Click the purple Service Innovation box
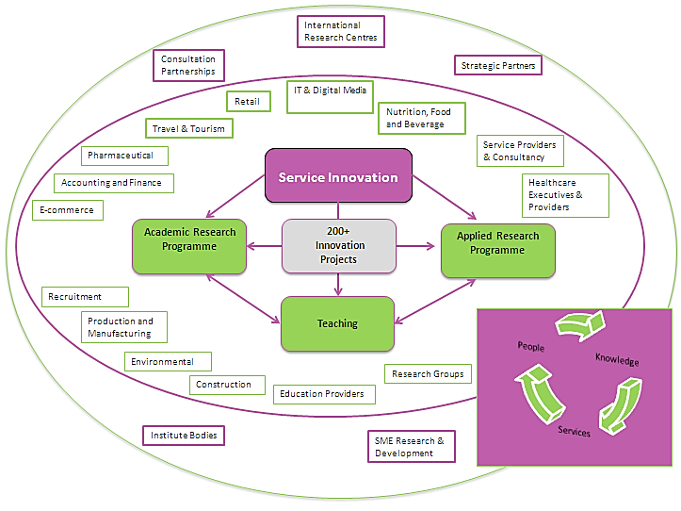337,177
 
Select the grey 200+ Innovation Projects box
338,246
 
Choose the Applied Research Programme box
497,250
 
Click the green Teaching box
337,323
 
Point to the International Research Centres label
340,32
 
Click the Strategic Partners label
498,66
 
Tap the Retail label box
249,102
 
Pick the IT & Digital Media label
330,97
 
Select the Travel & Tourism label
188,128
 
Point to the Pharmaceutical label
127,155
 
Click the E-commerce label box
66,209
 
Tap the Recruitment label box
85,297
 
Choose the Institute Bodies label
184,436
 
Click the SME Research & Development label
410,447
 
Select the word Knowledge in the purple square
617,361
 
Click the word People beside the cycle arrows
530,347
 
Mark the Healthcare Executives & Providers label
565,195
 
